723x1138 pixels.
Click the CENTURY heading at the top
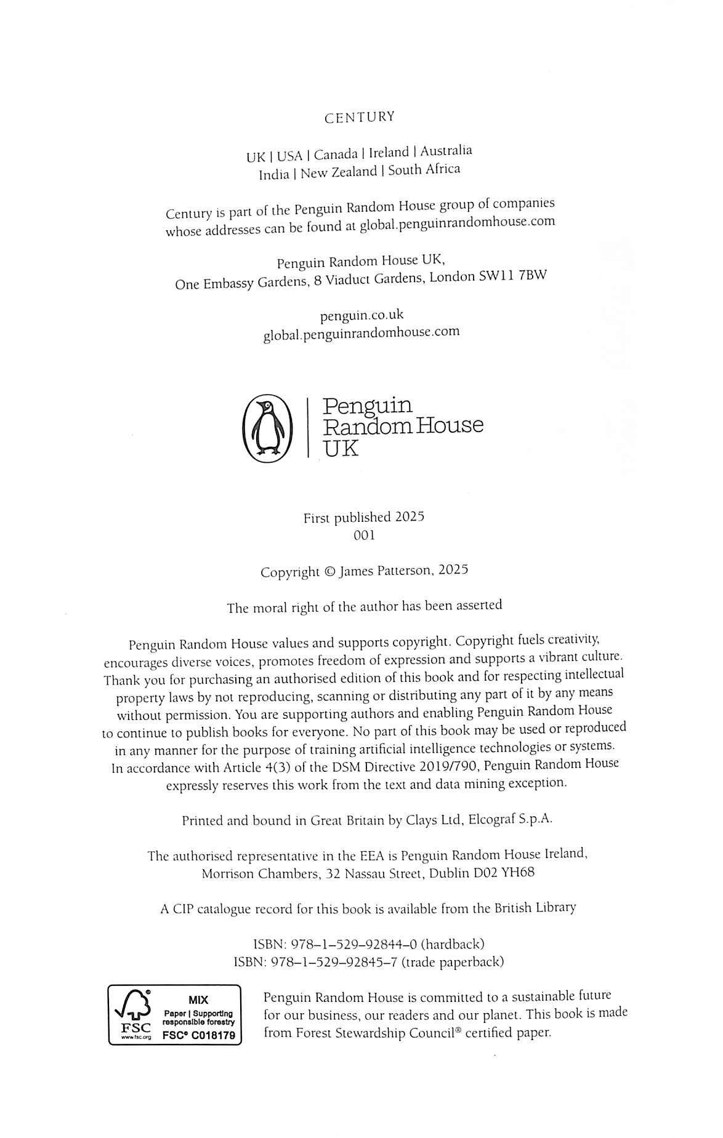(x=359, y=117)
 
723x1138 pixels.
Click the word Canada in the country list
(x=336, y=154)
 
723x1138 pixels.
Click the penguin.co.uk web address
(x=361, y=315)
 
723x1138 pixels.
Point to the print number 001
(x=364, y=535)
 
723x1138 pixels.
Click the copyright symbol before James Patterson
(x=329, y=572)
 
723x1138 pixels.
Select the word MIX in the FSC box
(x=198, y=1000)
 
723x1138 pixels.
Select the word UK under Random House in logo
(x=341, y=448)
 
